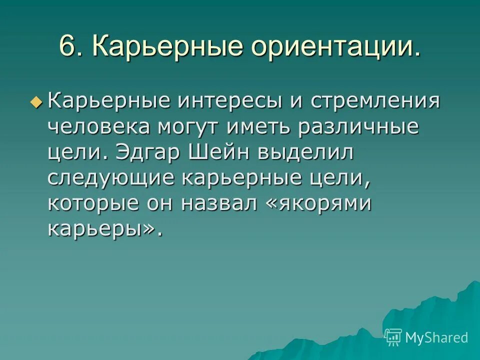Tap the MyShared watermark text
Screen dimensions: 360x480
coord(436,337)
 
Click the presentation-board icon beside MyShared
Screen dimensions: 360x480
coord(393,337)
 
